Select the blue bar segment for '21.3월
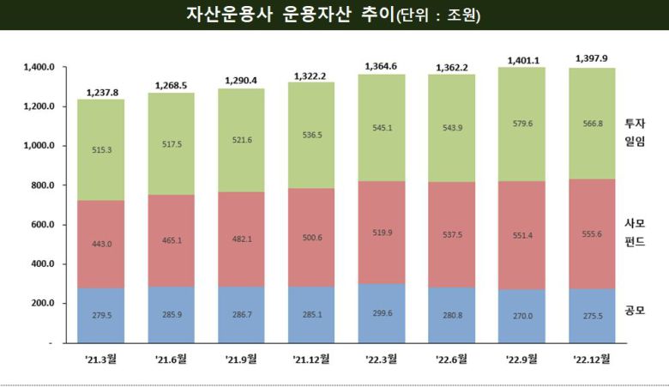[102, 314]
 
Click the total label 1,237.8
[102, 91]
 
